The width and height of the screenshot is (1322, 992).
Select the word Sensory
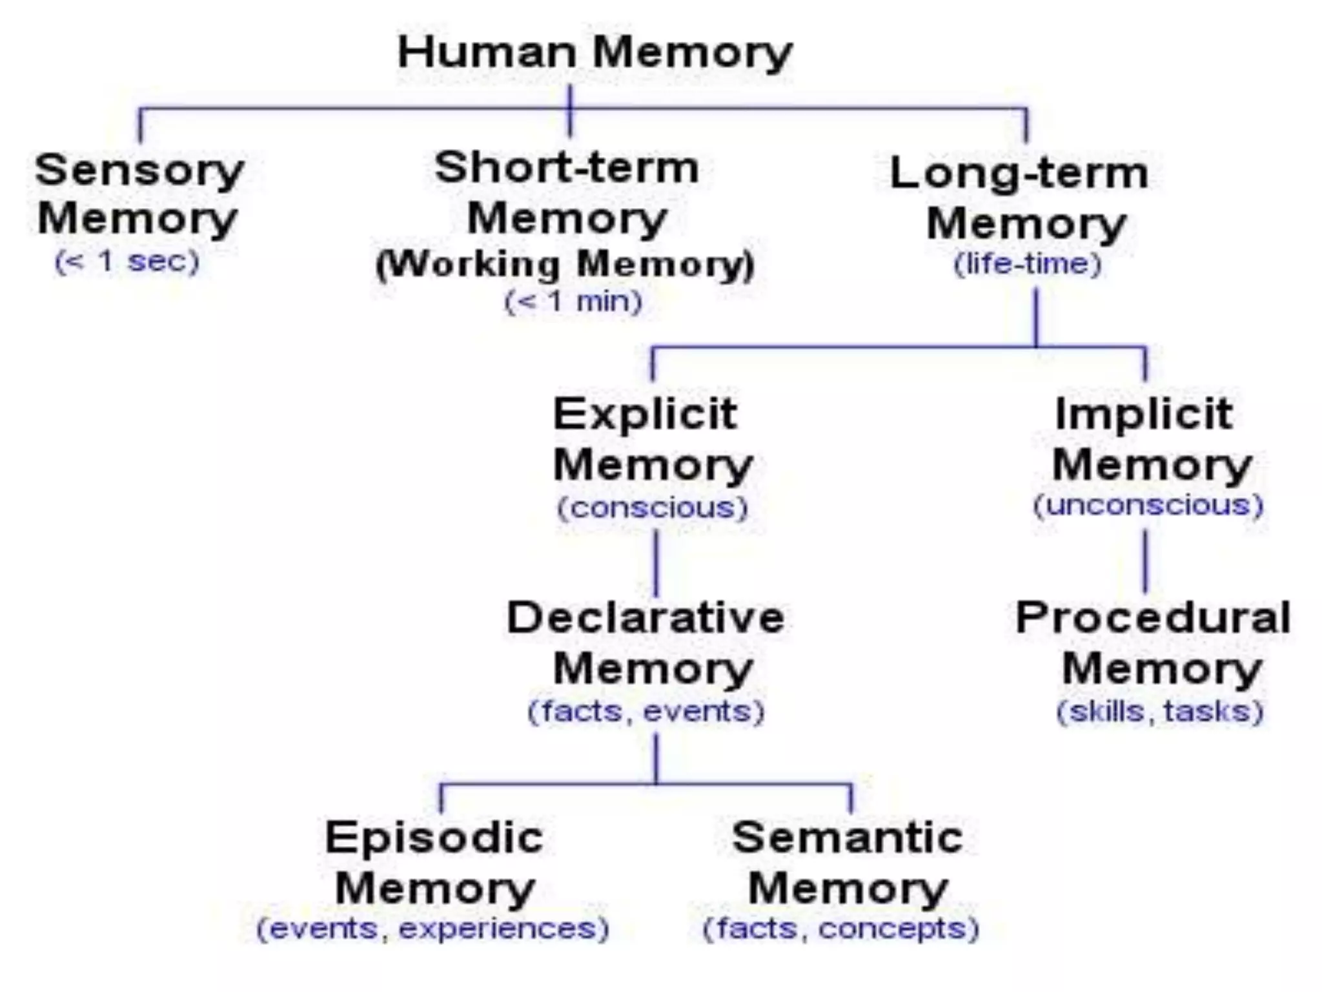coord(139,170)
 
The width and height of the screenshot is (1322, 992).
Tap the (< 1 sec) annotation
coord(127,262)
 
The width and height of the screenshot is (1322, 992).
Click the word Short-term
coord(567,168)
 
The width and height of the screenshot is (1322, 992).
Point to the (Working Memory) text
coord(565,265)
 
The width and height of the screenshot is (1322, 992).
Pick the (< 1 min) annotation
coord(573,302)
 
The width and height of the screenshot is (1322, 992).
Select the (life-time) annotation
coord(1028,263)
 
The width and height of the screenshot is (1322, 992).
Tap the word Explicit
coord(645,414)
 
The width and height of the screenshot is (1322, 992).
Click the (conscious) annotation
coord(653,508)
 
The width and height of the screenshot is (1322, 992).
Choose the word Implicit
coord(1144,414)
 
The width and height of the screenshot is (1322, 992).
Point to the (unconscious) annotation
coord(1148,504)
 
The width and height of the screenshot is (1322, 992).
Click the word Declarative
coord(646,617)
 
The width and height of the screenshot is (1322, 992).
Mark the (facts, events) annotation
coord(646,711)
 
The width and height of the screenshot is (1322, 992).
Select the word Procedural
coord(1153,617)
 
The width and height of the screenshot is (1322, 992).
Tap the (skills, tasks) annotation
coord(1160,711)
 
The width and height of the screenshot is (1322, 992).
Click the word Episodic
coord(434,838)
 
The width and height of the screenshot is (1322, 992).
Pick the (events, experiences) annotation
coord(433,929)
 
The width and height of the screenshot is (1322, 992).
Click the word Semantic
coord(848,838)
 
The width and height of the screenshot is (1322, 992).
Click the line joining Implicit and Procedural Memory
coord(1146,561)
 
